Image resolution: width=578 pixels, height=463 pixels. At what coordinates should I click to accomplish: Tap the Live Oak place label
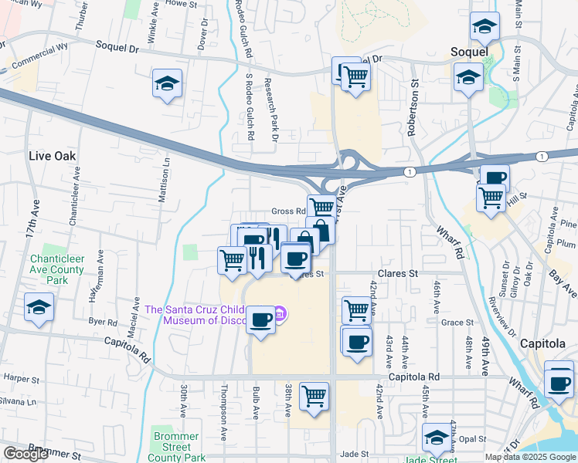click(52, 155)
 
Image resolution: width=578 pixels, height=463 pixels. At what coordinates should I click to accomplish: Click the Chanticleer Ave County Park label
click(57, 269)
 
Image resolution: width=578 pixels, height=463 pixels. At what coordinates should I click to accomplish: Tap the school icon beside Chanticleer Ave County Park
click(38, 307)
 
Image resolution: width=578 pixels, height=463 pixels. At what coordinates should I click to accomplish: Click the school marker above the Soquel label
click(484, 29)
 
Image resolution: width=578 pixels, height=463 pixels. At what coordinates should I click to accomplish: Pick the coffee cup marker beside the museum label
click(260, 319)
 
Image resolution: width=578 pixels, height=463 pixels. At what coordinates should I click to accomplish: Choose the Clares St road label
click(397, 273)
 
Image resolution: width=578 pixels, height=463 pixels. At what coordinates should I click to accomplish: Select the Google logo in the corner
click(25, 455)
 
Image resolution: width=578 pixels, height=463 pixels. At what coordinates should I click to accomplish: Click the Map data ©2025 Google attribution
click(529, 457)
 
